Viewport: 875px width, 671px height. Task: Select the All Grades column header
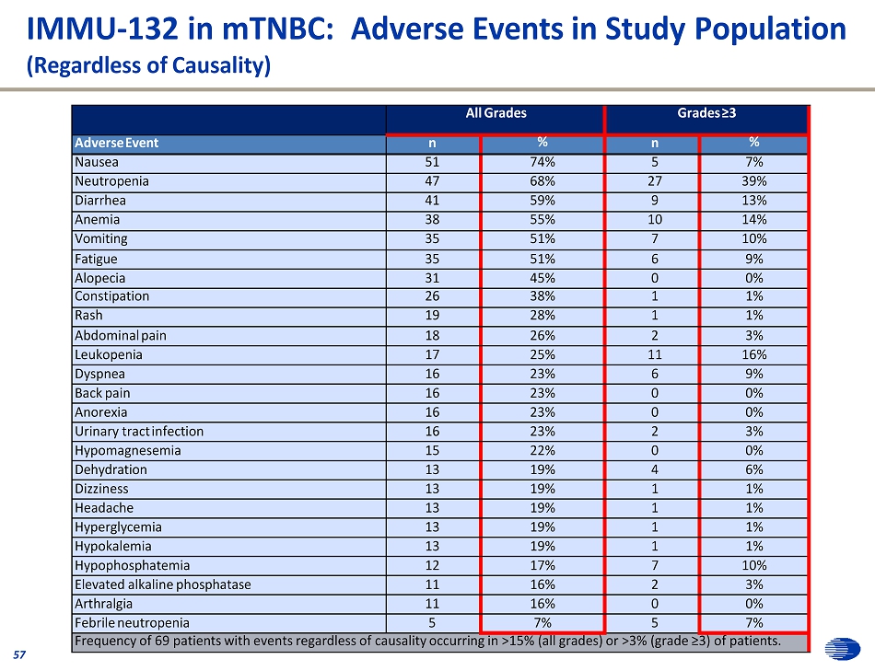tap(496, 113)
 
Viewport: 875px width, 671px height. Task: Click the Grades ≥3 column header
tap(706, 113)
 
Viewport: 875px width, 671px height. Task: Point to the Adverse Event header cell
tap(117, 143)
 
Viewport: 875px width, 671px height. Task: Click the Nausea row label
tap(97, 162)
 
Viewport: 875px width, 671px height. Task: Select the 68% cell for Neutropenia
tap(542, 181)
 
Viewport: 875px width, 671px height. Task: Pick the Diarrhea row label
tap(101, 200)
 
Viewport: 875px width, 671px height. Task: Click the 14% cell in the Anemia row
tap(753, 220)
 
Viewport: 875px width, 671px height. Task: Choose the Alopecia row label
tap(100, 278)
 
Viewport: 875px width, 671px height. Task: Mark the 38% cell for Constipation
tap(542, 296)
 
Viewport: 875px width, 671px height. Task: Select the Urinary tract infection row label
tap(140, 431)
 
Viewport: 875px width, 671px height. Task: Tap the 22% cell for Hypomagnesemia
tap(542, 450)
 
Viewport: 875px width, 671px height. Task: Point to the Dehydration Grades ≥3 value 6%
tap(753, 469)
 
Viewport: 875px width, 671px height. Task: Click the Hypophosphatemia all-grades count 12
tap(433, 565)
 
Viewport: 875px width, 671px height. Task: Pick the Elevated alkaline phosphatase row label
tap(163, 584)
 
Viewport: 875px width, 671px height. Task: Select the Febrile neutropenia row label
tap(133, 623)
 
